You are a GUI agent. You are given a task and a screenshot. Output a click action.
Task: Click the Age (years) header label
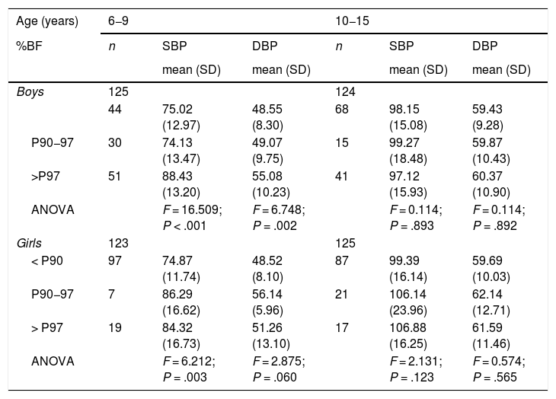[x=47, y=21]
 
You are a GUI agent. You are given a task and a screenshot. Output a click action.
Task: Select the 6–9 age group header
[x=118, y=21]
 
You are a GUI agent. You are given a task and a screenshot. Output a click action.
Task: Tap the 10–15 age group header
[x=353, y=21]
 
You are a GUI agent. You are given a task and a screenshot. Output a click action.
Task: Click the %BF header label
[x=29, y=46]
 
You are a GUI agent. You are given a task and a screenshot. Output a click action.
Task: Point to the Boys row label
[x=30, y=92]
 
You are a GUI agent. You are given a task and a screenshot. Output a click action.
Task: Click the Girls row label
[x=29, y=243]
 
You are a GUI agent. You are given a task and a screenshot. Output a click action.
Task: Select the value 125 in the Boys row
[x=118, y=92]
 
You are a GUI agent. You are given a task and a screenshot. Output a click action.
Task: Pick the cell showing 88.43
[x=177, y=176]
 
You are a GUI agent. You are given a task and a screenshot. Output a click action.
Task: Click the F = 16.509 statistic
[x=192, y=209]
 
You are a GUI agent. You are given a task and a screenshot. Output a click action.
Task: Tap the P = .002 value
[x=274, y=225]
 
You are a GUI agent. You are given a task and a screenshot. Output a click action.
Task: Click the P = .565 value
[x=494, y=377]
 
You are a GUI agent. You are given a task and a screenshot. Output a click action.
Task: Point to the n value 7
[x=111, y=294]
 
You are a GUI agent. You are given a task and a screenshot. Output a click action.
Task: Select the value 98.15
[x=404, y=109]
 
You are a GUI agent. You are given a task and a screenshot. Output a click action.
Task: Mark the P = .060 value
[x=274, y=377]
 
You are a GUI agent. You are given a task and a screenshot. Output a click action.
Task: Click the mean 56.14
[x=267, y=294]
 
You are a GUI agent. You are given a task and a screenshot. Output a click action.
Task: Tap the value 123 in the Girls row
[x=118, y=243]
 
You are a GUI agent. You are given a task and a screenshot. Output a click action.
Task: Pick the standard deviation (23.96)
[x=408, y=311]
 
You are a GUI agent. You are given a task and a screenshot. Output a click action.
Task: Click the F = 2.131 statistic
[x=416, y=361]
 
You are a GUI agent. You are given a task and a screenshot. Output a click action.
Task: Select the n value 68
[x=342, y=109]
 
